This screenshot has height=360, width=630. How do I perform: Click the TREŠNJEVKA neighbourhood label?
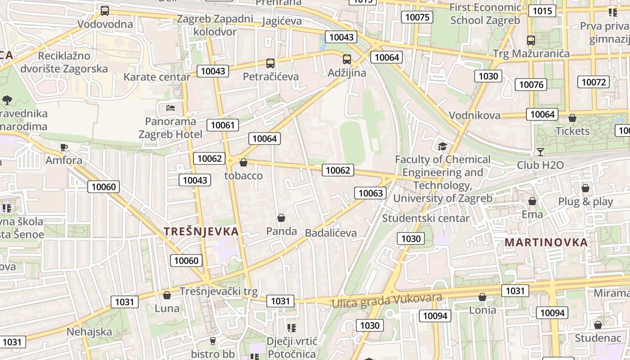tap(201, 231)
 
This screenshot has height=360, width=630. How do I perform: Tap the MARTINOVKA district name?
tap(546, 242)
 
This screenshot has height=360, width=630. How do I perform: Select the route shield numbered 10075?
tap(417, 17)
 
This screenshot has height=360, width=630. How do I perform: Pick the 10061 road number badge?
tap(223, 125)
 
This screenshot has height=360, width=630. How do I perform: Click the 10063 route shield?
tap(371, 193)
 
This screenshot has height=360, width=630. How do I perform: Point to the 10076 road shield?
tap(531, 84)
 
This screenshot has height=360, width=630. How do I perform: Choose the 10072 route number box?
tap(594, 82)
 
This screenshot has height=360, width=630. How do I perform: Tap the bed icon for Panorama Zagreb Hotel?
tap(171, 108)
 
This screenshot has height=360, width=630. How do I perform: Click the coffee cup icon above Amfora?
tap(64, 147)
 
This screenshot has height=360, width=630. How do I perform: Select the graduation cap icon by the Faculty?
tap(442, 146)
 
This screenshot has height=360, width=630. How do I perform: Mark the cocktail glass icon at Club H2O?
tap(540, 152)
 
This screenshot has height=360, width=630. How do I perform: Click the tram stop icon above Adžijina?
tap(346, 59)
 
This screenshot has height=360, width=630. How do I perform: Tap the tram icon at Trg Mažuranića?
tap(531, 40)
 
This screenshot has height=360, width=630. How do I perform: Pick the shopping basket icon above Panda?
tap(281, 218)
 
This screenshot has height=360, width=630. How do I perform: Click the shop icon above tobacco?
tap(243, 162)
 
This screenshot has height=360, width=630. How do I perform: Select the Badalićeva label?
tap(331, 233)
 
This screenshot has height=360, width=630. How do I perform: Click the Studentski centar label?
tap(426, 218)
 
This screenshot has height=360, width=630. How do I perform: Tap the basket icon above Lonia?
tap(482, 297)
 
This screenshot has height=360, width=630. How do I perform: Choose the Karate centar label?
tap(157, 77)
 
